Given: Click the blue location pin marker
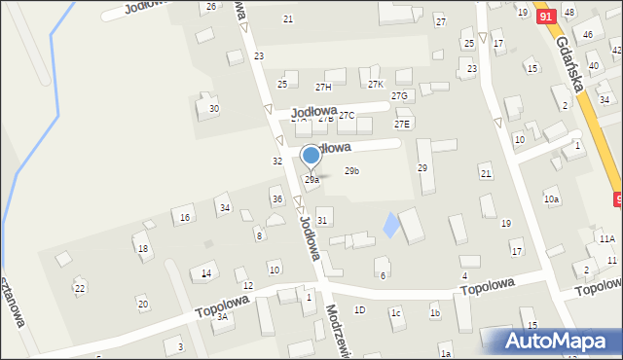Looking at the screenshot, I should click(311, 156).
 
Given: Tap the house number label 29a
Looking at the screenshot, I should click(311, 180).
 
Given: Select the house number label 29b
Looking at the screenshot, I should click(352, 171).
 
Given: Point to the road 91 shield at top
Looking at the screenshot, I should click(545, 17).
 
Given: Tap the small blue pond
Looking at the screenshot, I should click(391, 226).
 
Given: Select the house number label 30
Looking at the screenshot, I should click(214, 108).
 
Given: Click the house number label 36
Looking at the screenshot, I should click(277, 199).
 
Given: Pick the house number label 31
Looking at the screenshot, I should click(322, 221).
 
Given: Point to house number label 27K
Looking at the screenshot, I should click(377, 84).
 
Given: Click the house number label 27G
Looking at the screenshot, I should click(399, 95).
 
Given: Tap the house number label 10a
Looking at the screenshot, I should click(552, 199).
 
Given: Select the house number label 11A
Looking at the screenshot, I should click(606, 238).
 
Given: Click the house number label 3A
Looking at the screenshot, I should click(222, 316).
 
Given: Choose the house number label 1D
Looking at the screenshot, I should click(359, 309).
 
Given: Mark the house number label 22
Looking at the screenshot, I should click(80, 288).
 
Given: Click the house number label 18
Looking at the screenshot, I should click(143, 249).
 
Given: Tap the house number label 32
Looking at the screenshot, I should click(277, 161).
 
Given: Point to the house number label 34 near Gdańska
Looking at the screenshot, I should click(604, 99).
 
